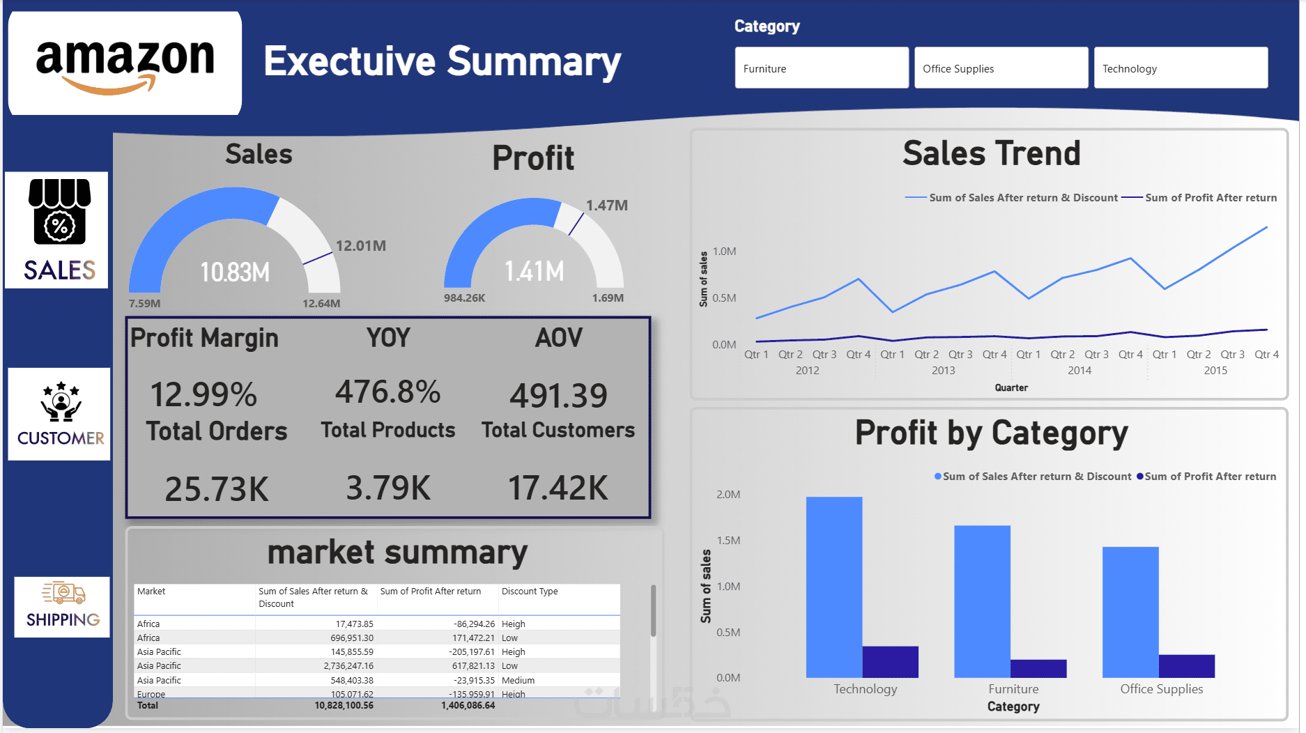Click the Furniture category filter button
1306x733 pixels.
pos(822,68)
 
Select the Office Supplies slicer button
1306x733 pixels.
pos(1001,68)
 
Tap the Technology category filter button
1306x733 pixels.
pos(1181,68)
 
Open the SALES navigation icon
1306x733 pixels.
pos(56,230)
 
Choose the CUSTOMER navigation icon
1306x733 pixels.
pos(59,414)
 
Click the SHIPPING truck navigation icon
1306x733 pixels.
pos(62,607)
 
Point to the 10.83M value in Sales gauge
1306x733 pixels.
pos(235,272)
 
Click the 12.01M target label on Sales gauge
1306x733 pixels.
pos(361,246)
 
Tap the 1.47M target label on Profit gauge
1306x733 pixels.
pos(607,206)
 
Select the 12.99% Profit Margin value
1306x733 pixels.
pos(204,394)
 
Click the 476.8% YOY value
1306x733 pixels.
pos(388,392)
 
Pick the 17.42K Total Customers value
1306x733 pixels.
pos(558,488)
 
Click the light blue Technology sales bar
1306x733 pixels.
pos(834,587)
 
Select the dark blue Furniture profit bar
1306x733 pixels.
pos(1038,668)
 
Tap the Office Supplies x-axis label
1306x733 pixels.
pos(1162,689)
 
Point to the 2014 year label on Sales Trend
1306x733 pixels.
pos(1080,371)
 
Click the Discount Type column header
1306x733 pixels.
pos(530,592)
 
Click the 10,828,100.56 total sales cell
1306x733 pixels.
pos(344,706)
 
